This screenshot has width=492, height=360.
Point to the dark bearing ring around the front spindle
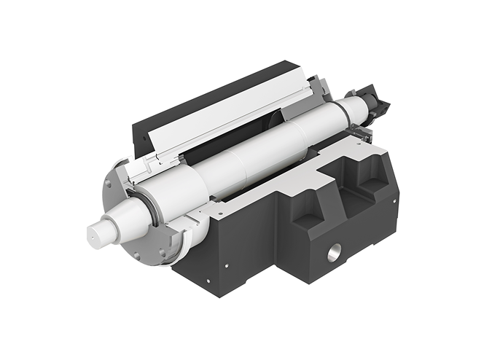pos(154,208)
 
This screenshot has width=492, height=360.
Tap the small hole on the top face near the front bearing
pos(216,209)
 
